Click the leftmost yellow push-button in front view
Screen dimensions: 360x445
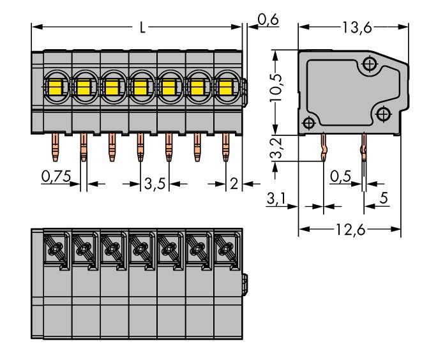54,86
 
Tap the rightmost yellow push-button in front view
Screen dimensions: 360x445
225,86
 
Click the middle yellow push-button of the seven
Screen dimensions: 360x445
140,86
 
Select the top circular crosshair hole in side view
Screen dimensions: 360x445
368,64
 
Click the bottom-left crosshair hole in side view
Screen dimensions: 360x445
308,123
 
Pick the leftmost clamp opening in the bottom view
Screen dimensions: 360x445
55,247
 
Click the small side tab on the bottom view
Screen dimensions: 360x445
246,281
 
